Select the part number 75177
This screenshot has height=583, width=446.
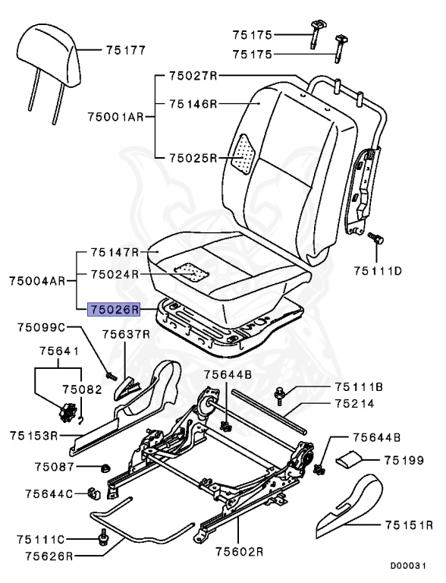pos(126,50)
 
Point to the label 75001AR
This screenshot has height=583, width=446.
pos(116,118)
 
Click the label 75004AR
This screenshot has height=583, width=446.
pos(36,281)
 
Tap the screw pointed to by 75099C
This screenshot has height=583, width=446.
pos(110,374)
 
